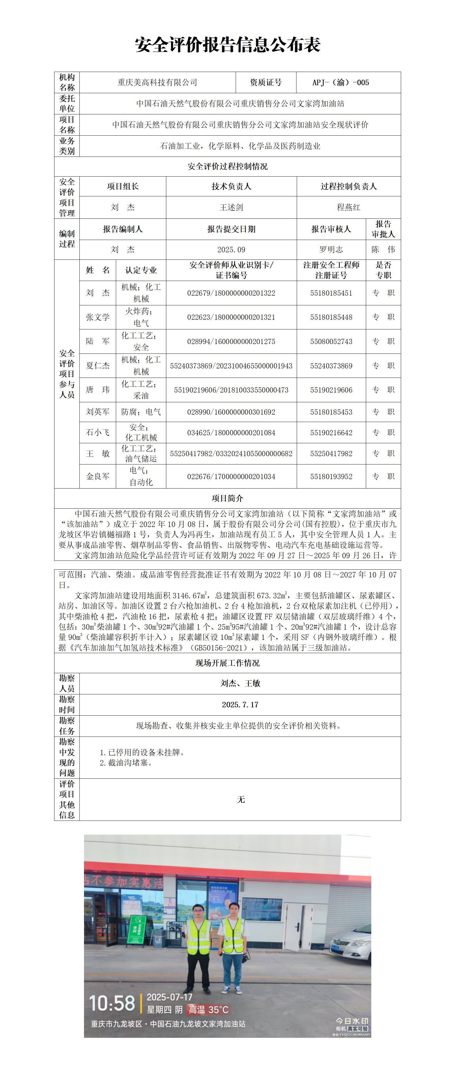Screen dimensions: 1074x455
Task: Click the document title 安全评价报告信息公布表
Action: tap(227, 45)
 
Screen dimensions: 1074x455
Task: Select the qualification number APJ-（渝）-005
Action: tap(340, 83)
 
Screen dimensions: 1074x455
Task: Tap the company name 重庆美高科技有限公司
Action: tap(157, 83)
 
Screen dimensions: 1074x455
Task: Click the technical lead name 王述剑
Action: tap(231, 207)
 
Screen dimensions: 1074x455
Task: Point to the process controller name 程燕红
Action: tap(348, 207)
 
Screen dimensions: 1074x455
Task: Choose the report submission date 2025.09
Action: tap(231, 250)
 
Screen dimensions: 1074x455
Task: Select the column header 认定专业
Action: tap(141, 270)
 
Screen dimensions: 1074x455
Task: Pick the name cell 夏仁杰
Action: tap(97, 366)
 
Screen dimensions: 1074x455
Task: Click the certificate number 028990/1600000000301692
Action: tap(231, 412)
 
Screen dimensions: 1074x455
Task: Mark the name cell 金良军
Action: tap(97, 476)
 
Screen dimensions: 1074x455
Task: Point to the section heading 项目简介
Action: tap(227, 498)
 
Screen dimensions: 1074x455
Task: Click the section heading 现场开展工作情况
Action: tap(227, 663)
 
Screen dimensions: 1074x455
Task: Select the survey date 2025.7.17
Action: tap(240, 705)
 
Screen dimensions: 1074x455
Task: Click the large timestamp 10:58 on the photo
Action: tap(112, 1003)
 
